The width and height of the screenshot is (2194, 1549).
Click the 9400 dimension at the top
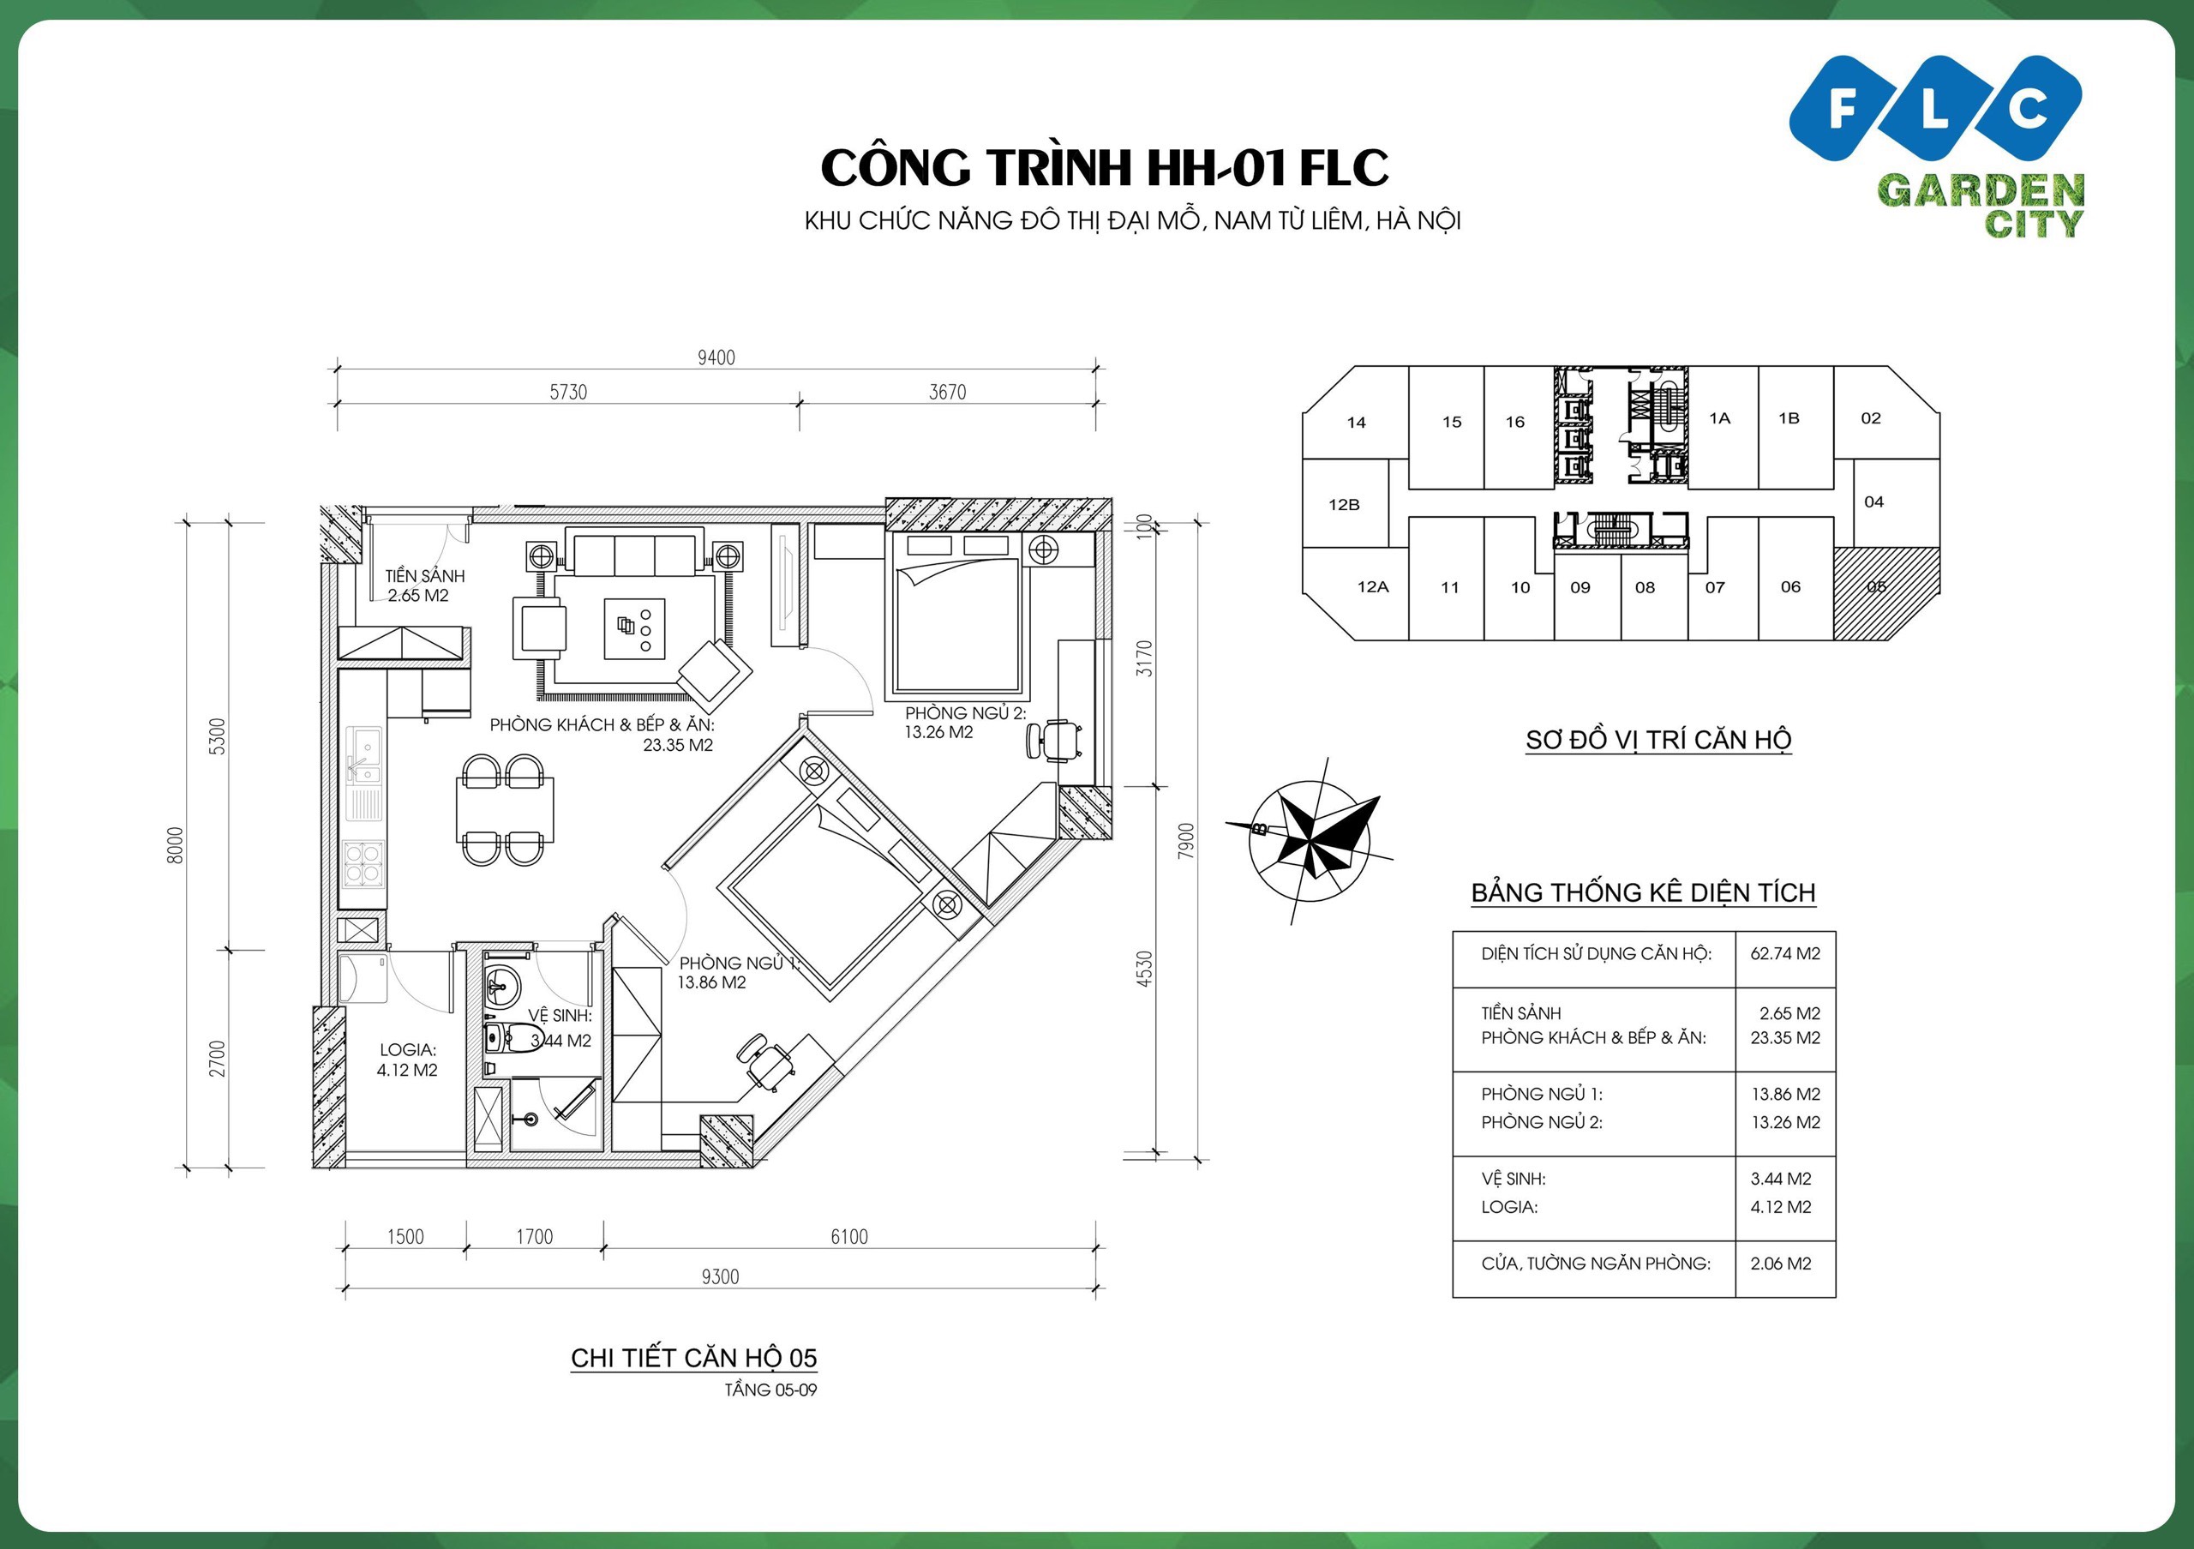[716, 357]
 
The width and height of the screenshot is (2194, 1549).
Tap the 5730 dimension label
[567, 392]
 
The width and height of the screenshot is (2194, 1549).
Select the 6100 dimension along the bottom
[848, 1236]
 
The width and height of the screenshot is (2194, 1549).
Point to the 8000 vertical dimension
[175, 844]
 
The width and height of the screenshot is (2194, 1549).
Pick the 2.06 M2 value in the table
[1780, 1264]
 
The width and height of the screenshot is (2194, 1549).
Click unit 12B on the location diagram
[1344, 505]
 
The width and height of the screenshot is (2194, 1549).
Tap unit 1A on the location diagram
[1720, 417]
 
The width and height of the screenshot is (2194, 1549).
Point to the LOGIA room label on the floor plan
[407, 1050]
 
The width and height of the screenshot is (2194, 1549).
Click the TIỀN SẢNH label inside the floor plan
[425, 576]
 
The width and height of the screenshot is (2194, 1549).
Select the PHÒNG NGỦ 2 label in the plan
[965, 713]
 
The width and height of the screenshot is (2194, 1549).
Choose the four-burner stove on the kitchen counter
[363, 864]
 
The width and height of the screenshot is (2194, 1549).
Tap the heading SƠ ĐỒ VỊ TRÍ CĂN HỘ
[1657, 740]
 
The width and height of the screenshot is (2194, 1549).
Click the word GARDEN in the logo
[1980, 191]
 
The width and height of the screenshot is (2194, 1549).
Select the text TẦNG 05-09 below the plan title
[770, 1390]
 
